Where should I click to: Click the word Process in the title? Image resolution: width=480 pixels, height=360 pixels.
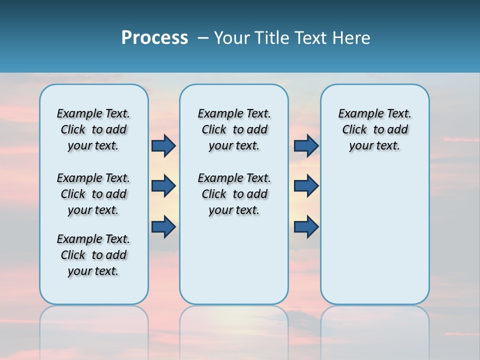(x=154, y=38)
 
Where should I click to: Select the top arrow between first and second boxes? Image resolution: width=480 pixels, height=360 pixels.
(x=163, y=145)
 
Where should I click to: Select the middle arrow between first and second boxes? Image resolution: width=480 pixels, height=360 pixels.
(x=163, y=186)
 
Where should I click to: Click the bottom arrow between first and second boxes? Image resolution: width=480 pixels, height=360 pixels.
(x=163, y=227)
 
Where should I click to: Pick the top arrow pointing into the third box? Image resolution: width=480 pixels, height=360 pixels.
(x=306, y=145)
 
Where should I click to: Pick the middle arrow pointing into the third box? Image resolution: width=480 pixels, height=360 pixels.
(x=306, y=186)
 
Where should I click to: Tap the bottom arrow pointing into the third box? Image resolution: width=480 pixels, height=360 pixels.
(x=306, y=227)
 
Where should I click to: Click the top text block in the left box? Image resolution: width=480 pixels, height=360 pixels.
(x=93, y=129)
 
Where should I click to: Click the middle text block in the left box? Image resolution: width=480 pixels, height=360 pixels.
(x=93, y=194)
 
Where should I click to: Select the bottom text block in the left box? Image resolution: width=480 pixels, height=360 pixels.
(x=93, y=255)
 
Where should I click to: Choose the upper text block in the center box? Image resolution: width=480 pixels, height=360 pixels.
(x=234, y=129)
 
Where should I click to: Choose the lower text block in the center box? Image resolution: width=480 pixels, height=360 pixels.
(x=234, y=194)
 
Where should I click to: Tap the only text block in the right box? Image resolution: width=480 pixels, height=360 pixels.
(x=374, y=129)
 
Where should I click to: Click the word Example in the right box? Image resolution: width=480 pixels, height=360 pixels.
(x=358, y=114)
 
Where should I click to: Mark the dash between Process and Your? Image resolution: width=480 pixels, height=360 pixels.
(x=203, y=38)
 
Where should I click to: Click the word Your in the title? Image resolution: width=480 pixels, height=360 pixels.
(x=232, y=38)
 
